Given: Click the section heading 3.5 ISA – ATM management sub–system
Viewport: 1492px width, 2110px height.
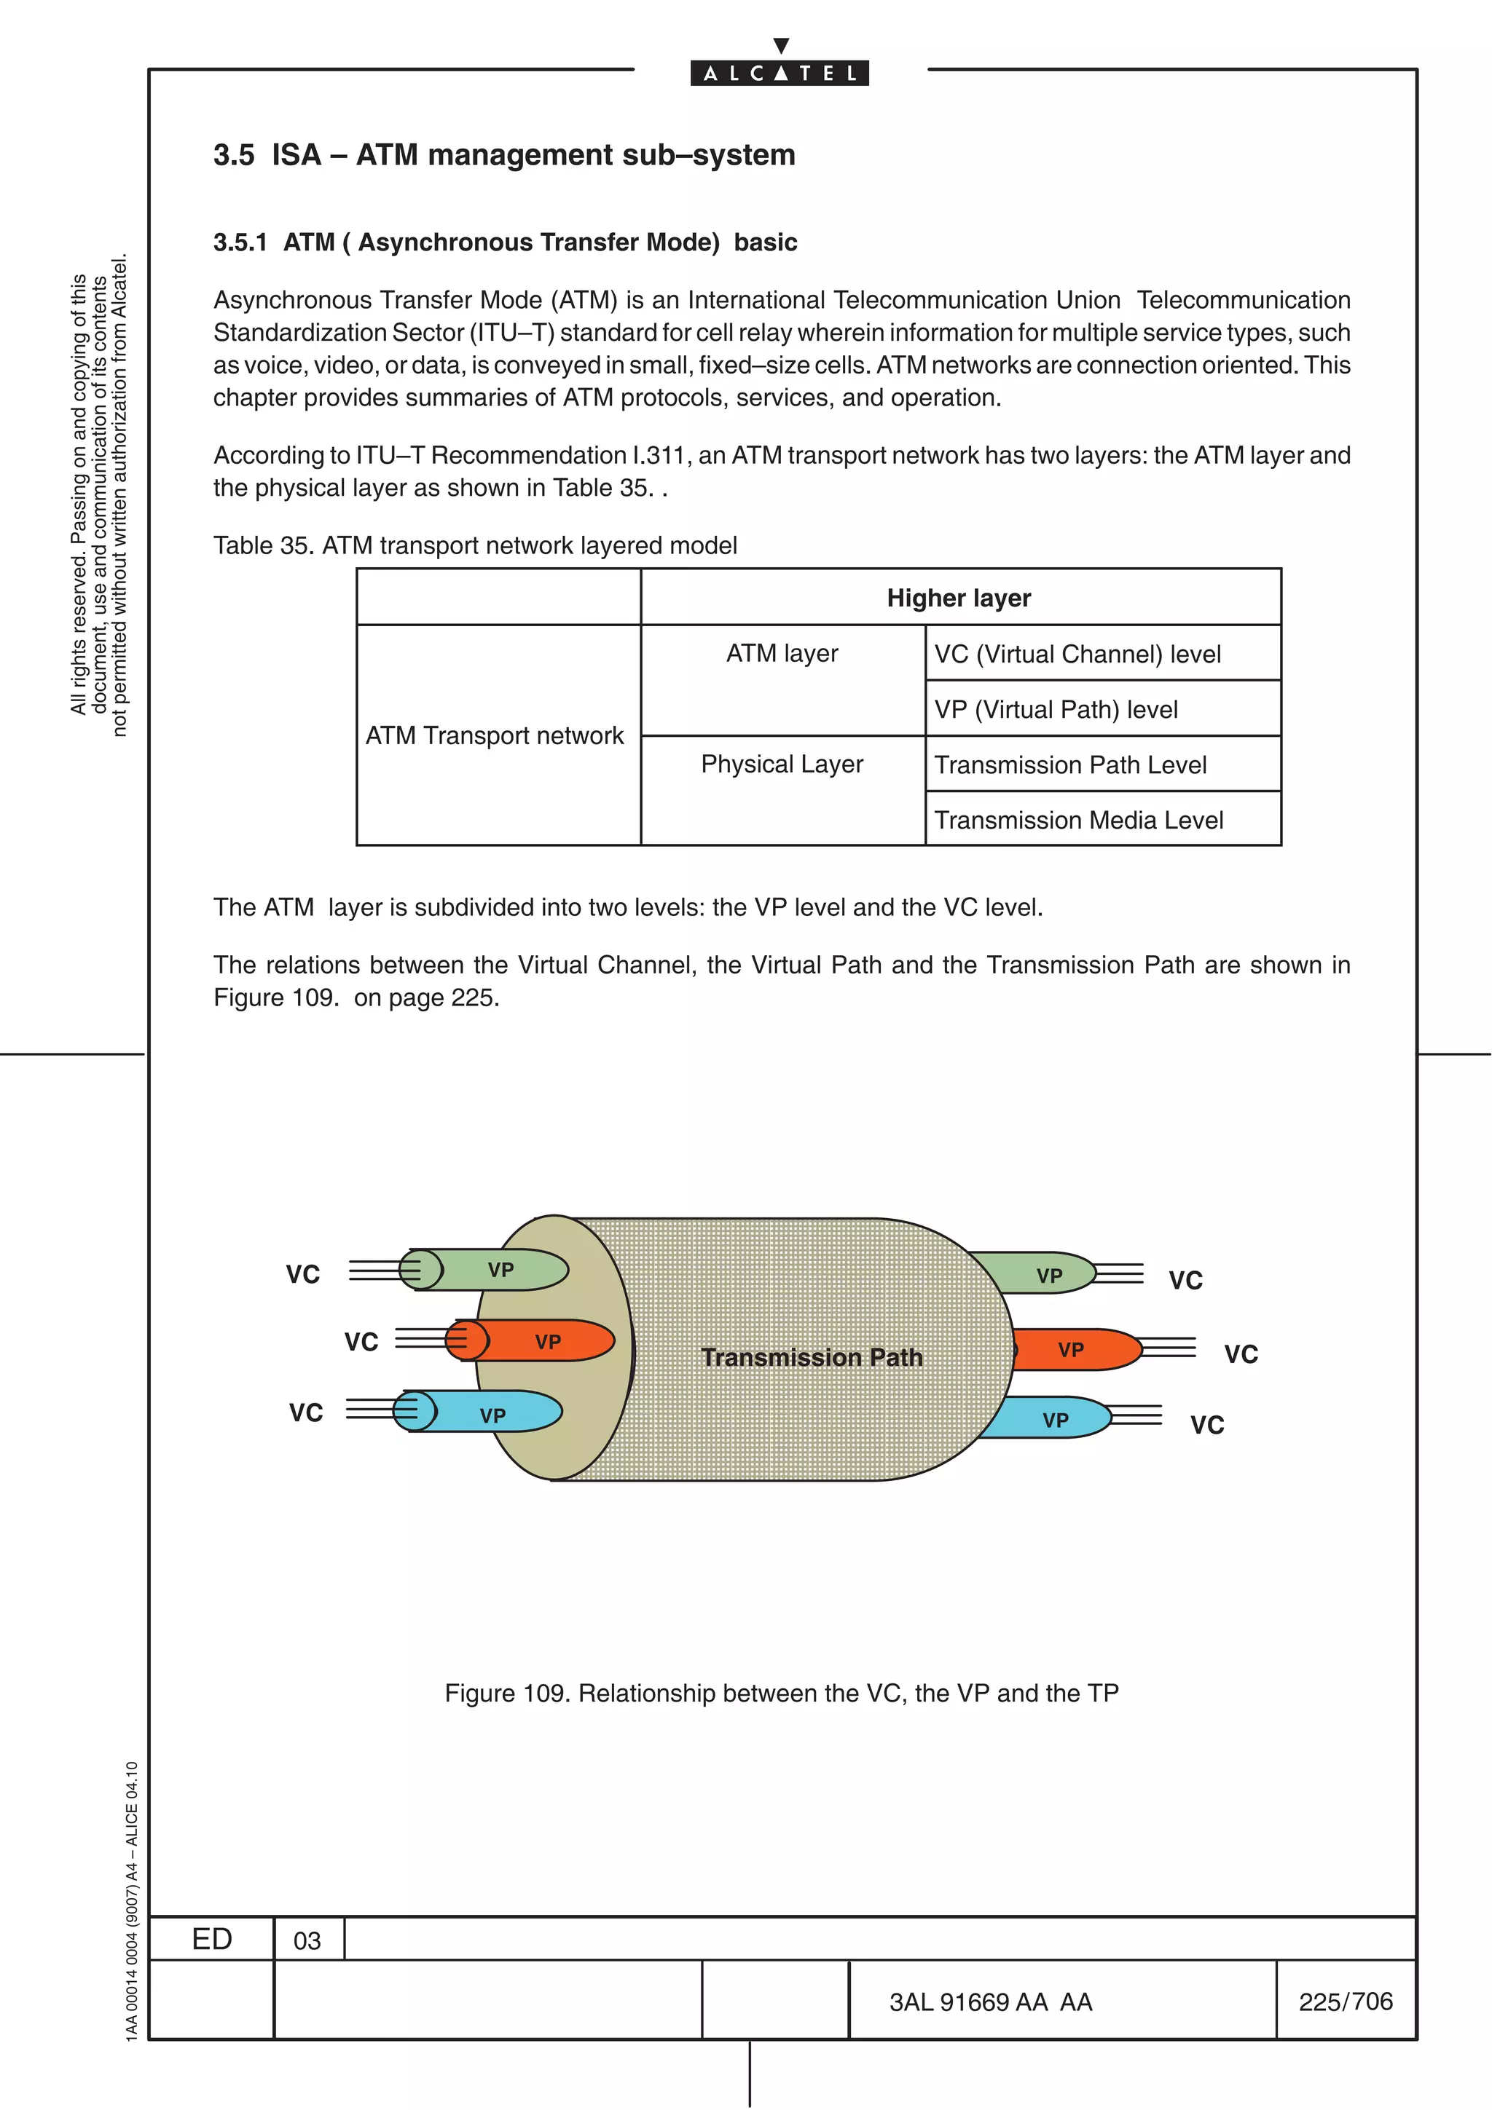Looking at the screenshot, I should pyautogui.click(x=503, y=154).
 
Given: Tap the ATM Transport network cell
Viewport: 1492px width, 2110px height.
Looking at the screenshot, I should pyautogui.click(x=495, y=735).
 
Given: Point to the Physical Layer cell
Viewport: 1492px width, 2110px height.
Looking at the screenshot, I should pyautogui.click(x=782, y=764).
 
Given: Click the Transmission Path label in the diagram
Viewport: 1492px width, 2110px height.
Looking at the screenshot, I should pyautogui.click(x=811, y=1357).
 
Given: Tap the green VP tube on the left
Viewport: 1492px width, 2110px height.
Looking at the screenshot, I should pyautogui.click(x=501, y=1270).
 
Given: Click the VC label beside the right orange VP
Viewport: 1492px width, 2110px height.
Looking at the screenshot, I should pyautogui.click(x=1240, y=1354).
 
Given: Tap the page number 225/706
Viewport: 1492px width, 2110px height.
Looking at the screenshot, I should pyautogui.click(x=1345, y=2001).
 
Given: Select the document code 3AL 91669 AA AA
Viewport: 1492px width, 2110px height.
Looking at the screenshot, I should pyautogui.click(x=990, y=2002).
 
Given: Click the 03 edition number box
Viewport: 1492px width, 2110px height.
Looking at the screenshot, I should pyautogui.click(x=307, y=1940).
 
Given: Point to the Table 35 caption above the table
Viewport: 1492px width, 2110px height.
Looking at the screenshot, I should pyautogui.click(x=474, y=546).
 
